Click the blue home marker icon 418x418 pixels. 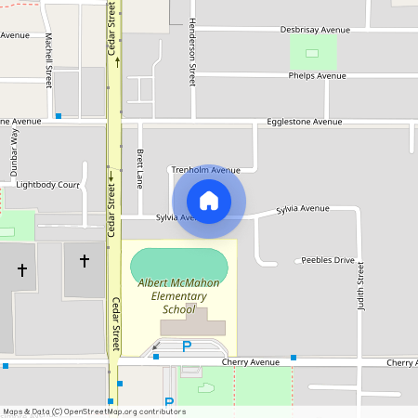pos(209,202)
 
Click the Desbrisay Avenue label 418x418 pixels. pos(315,30)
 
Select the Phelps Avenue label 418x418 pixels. pos(316,75)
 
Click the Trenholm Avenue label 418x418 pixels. pos(205,170)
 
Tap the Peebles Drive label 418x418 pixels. pos(324,261)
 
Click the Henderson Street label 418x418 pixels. pos(192,56)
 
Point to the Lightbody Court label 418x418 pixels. pos(48,185)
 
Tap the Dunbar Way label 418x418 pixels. pos(14,148)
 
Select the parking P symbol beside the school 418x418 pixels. pos(186,347)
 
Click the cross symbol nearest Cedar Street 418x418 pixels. pos(84,262)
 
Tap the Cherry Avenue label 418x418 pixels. pos(251,361)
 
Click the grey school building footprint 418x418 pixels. pos(193,324)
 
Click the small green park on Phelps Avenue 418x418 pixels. pos(312,51)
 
